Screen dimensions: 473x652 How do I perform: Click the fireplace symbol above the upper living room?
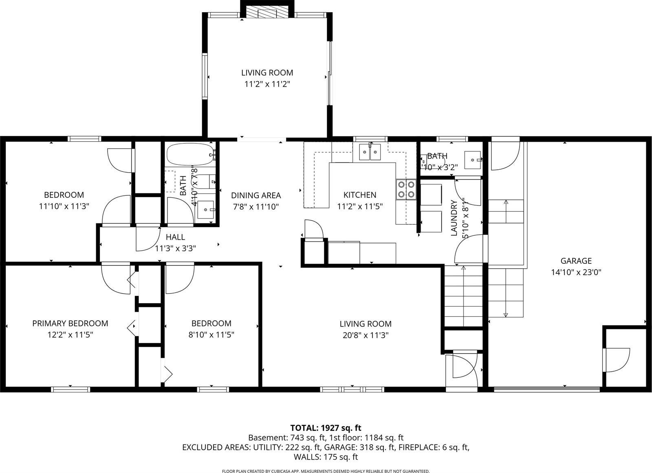click(267, 13)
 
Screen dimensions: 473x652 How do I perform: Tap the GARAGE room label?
click(576, 261)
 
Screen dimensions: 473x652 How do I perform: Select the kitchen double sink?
click(370, 152)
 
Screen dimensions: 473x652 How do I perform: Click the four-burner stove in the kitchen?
click(406, 189)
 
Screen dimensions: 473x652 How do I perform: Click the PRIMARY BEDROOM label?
click(70, 323)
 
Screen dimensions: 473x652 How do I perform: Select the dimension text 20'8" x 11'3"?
click(365, 335)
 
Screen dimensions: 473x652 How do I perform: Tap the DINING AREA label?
click(256, 195)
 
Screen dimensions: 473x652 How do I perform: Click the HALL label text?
click(175, 237)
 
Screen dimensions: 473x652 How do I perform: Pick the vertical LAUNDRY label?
click(454, 218)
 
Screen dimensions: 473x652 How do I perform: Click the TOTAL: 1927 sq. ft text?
click(326, 428)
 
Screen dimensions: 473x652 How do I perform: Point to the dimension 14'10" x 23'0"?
click(576, 272)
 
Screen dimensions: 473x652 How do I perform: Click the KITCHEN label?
click(359, 195)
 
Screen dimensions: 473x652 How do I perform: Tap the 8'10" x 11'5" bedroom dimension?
click(211, 335)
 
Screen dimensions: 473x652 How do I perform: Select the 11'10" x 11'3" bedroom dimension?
click(64, 206)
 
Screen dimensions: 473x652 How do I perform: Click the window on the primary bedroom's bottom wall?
click(70, 389)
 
